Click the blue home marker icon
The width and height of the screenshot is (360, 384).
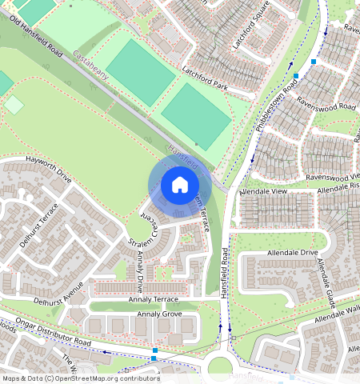pyautogui.click(x=180, y=186)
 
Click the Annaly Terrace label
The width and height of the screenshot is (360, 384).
pyautogui.click(x=153, y=298)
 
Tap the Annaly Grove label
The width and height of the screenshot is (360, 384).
pyautogui.click(x=160, y=314)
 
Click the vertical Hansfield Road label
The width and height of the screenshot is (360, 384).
pyautogui.click(x=225, y=273)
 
